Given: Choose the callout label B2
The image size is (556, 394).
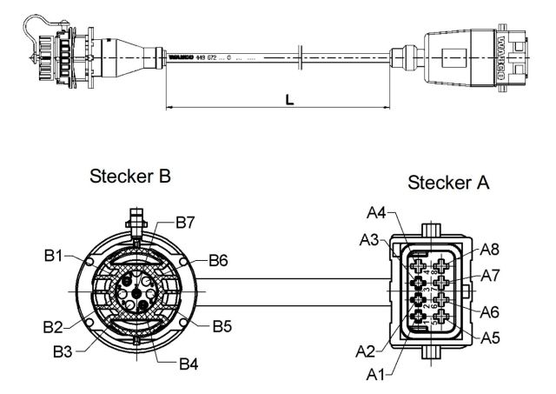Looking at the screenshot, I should [x=54, y=327].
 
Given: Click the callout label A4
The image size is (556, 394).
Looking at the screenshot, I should [x=376, y=212].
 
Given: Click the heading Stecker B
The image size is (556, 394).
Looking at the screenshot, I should [x=130, y=177].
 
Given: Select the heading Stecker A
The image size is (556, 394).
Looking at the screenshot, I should [x=449, y=184].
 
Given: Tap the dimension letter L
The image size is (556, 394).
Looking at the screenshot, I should [x=289, y=100].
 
